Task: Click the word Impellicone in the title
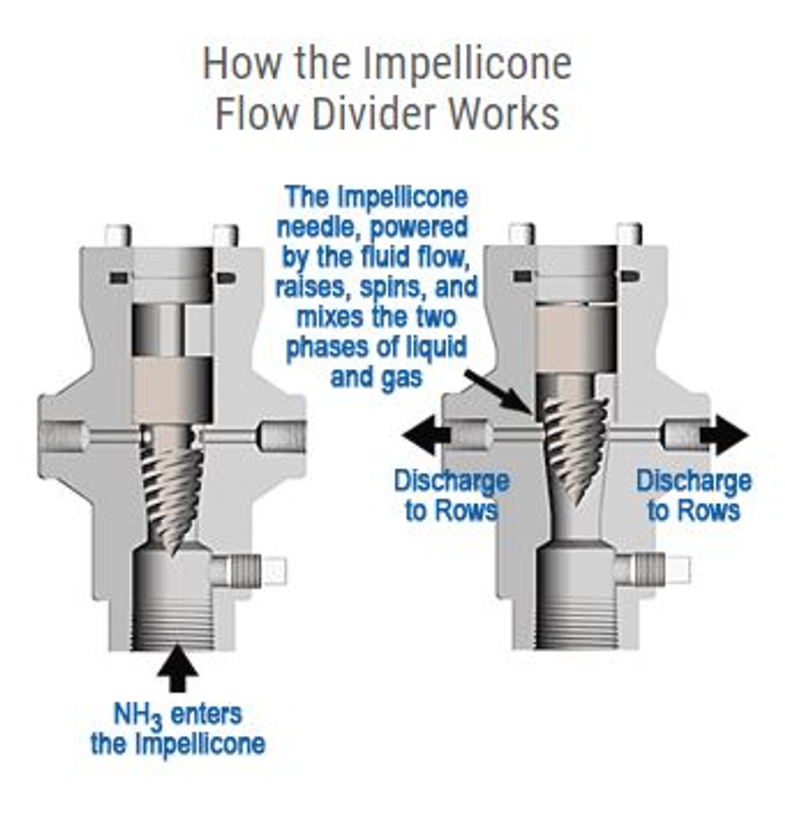tap(466, 64)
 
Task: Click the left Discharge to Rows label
tap(451, 496)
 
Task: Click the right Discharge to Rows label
tap(694, 496)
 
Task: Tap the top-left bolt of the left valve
tap(118, 235)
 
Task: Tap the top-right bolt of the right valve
tap(629, 234)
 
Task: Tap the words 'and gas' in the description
tap(376, 377)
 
